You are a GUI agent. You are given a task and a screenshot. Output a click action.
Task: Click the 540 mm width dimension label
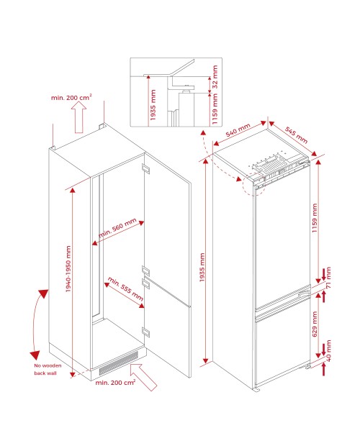click(238, 129)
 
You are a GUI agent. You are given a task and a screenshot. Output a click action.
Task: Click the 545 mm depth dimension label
click(296, 135)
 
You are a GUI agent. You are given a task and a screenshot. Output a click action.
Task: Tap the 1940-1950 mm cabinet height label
click(68, 269)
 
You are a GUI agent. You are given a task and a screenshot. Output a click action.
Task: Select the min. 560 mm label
click(117, 227)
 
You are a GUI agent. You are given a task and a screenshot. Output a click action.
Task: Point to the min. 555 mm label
click(125, 289)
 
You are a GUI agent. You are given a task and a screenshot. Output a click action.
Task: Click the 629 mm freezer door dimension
click(315, 324)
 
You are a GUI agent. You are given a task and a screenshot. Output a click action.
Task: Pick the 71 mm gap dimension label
click(328, 278)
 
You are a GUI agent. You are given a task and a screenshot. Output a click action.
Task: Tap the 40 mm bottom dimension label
click(328, 351)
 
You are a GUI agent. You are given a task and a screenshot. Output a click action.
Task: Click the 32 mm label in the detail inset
click(215, 76)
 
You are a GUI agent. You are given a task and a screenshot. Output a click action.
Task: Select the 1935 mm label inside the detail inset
click(153, 105)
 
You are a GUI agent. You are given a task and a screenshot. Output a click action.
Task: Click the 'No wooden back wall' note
click(48, 369)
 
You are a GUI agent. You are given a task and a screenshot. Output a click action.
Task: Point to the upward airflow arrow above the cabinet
click(78, 117)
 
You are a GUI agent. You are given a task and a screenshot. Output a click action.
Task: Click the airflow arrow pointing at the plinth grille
click(143, 377)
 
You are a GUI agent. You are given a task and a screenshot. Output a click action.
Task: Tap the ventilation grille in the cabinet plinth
click(118, 363)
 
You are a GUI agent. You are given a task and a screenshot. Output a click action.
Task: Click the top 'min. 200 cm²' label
click(71, 97)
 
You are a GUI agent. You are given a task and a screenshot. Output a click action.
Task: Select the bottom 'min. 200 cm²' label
click(115, 382)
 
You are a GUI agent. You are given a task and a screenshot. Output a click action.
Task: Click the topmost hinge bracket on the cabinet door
click(145, 168)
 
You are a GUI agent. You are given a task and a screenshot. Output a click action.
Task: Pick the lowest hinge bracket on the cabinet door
click(145, 332)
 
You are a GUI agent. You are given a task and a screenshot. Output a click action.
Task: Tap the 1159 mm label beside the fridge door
click(314, 218)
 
